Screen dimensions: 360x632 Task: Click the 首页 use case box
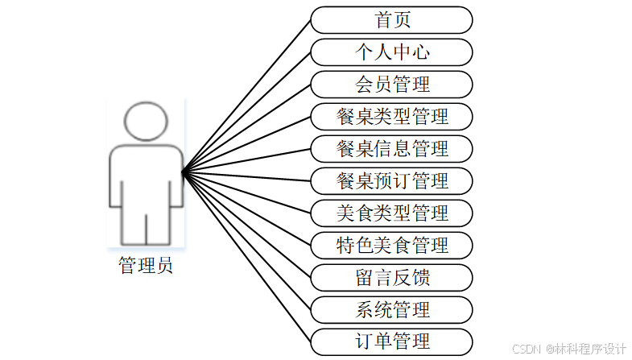pyautogui.click(x=392, y=20)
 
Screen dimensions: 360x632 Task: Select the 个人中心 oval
pyautogui.click(x=392, y=52)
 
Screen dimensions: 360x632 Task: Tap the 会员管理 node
pyautogui.click(x=392, y=85)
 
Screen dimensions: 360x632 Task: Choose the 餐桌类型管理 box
pyautogui.click(x=392, y=117)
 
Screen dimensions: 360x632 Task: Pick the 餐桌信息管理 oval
pyautogui.click(x=392, y=149)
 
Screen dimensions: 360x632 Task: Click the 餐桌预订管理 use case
pyautogui.click(x=392, y=180)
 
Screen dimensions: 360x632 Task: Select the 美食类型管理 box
pyautogui.click(x=392, y=213)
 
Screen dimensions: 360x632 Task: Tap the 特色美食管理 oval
pyautogui.click(x=392, y=245)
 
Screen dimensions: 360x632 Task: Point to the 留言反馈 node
pyautogui.click(x=392, y=277)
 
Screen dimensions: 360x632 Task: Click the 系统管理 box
pyautogui.click(x=392, y=309)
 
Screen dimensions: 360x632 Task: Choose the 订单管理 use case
pyautogui.click(x=392, y=341)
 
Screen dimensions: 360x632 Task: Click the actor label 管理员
pyautogui.click(x=146, y=266)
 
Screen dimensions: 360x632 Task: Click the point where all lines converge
pyautogui.click(x=183, y=172)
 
